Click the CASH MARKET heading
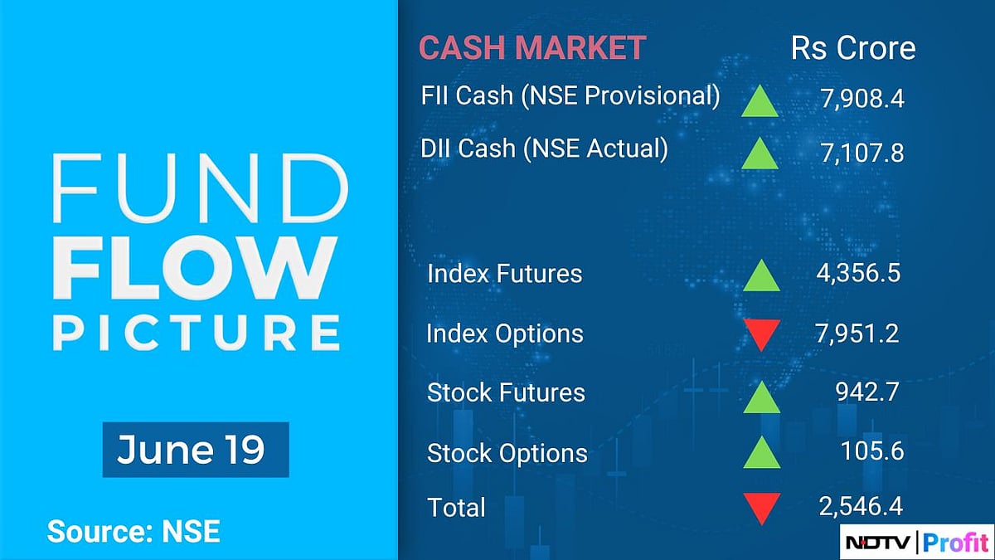coord(531,48)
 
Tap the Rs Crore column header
coord(853,48)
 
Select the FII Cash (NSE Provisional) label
coord(570,95)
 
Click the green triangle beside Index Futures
coord(761,276)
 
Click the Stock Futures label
coord(506,392)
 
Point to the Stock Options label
coord(507,453)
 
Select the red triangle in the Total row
coord(761,508)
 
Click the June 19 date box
coord(195,450)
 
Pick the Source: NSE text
coord(133,531)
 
